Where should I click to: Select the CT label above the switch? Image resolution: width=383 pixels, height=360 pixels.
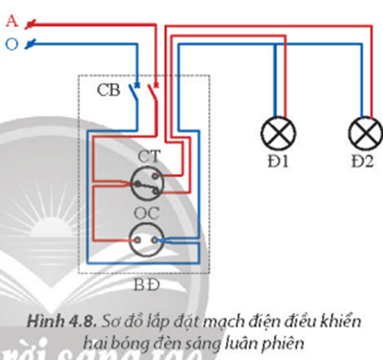point(147,155)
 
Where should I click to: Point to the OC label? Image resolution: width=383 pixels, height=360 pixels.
point(147,212)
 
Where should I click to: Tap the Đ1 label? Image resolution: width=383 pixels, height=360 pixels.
point(283,162)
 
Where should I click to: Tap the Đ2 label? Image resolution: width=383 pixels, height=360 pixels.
point(362,162)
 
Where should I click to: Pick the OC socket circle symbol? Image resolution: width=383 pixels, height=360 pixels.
point(147,239)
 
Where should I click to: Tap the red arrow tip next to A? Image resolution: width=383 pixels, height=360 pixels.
point(29,26)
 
